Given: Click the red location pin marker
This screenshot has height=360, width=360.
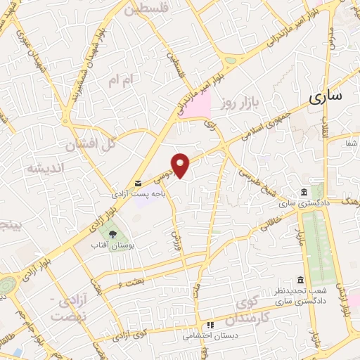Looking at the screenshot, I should pyautogui.click(x=181, y=165).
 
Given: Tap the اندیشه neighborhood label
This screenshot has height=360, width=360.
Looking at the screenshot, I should pyautogui.click(x=45, y=169).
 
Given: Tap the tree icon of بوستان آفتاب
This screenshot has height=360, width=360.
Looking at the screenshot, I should pyautogui.click(x=108, y=233).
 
